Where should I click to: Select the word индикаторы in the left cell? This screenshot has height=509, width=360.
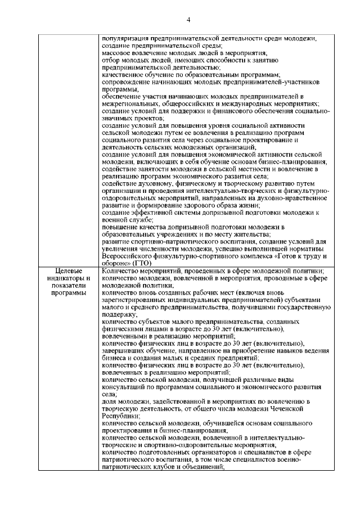[x=66, y=278]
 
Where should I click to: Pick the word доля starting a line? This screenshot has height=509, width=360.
[x=110, y=401]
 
